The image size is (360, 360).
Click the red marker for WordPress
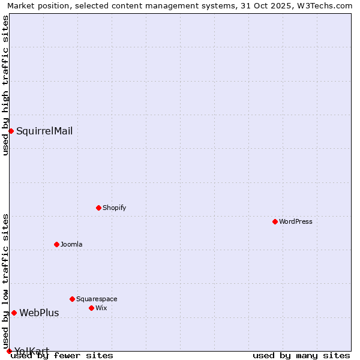[275, 221]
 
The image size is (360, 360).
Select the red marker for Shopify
[98, 208]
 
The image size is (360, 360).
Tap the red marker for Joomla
[56, 244]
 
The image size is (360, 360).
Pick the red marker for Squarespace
[72, 299]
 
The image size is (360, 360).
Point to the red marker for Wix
[91, 308]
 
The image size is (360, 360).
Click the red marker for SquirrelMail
[11, 131]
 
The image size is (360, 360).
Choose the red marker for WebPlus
[14, 313]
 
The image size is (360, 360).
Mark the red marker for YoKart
[9, 351]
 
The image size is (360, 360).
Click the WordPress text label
[296, 221]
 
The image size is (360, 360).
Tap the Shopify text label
[114, 208]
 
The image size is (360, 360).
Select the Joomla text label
[71, 244]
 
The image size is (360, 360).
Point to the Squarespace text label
[97, 299]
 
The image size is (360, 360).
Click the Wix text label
[101, 308]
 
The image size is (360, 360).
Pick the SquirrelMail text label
[44, 131]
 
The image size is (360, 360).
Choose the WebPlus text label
[39, 313]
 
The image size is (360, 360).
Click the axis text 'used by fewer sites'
[62, 355]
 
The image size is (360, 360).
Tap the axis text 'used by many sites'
[301, 355]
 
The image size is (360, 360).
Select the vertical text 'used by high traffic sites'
[5, 85]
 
